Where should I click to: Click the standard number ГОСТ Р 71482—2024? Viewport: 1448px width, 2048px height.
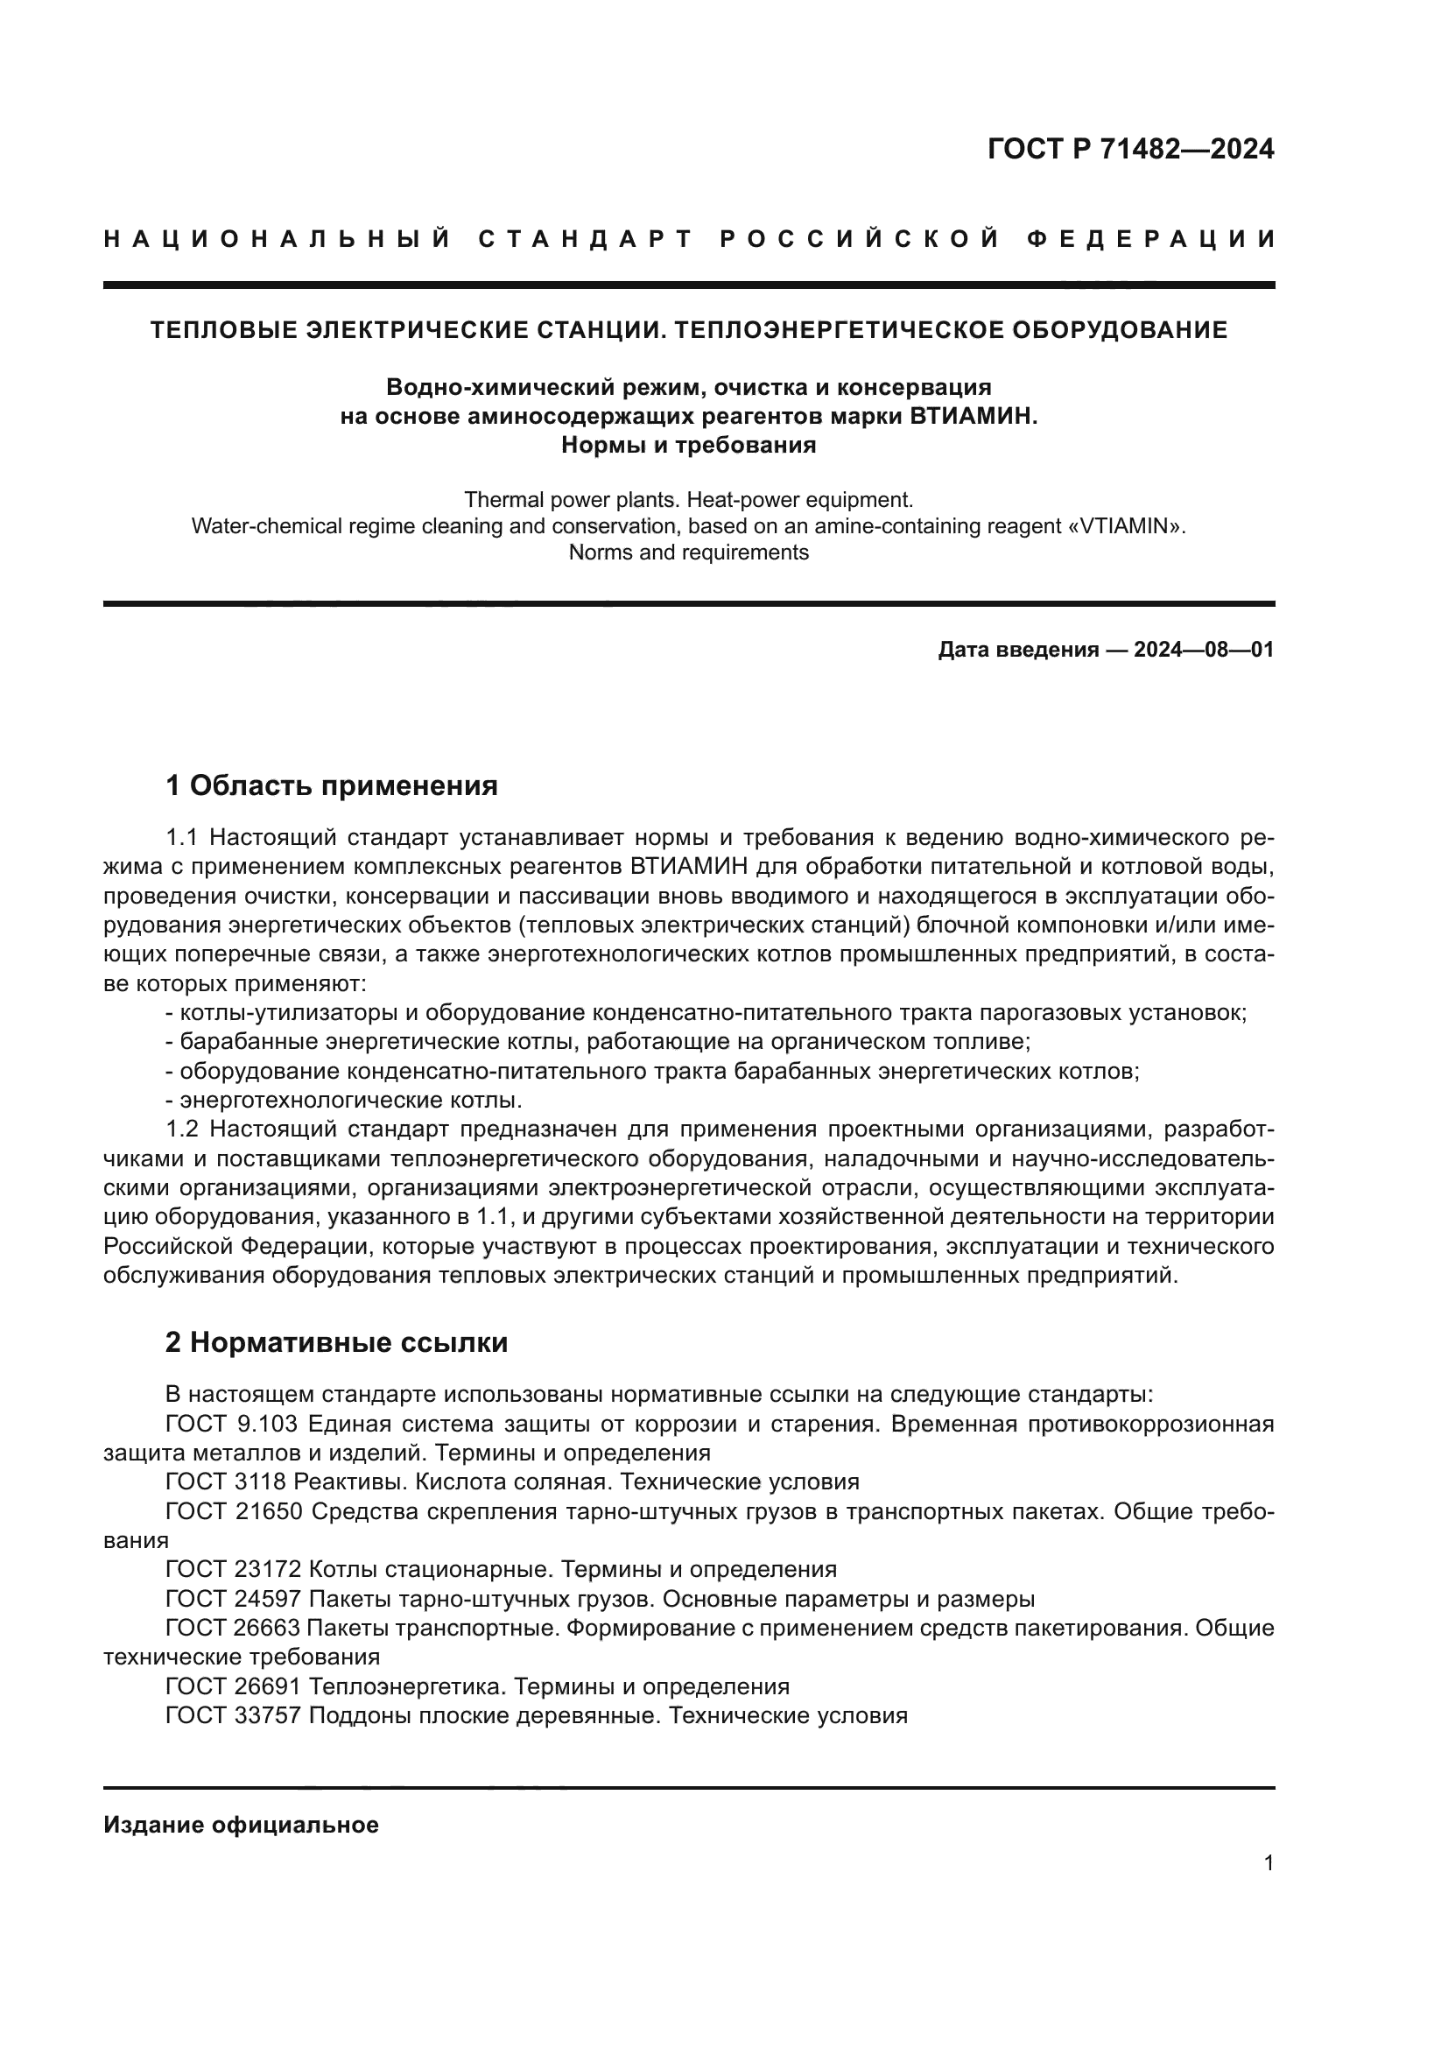coord(1129,149)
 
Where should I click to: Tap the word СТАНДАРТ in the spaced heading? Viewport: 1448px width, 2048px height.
coord(585,239)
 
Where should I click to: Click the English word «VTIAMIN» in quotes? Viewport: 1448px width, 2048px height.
coord(1131,525)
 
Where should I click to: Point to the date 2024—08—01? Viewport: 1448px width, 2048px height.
coord(1203,650)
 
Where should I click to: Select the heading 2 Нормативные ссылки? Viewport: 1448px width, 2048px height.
coord(336,1342)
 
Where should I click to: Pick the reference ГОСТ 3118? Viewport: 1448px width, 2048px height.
coord(225,1482)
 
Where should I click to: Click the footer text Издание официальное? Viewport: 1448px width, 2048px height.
coord(241,1825)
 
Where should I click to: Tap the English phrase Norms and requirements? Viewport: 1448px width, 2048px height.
coord(688,552)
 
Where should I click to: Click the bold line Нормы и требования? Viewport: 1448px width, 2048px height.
coord(688,444)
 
